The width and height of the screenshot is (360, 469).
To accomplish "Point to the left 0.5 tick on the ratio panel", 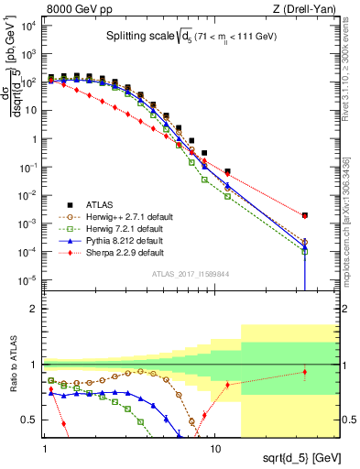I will tap(36, 420).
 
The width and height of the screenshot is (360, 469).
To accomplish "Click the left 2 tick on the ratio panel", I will tap(36, 309).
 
